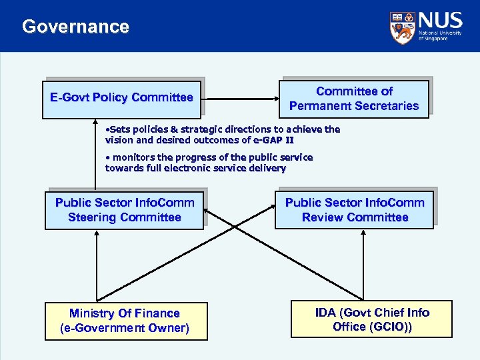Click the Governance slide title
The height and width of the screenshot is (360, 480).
click(x=75, y=27)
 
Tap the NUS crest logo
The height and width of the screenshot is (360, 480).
click(x=401, y=27)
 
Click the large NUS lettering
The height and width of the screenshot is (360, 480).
click(x=439, y=21)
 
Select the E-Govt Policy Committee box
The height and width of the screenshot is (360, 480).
click(x=121, y=99)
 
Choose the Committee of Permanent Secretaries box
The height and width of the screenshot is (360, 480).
click(x=354, y=99)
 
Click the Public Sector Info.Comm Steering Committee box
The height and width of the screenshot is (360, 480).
click(x=124, y=210)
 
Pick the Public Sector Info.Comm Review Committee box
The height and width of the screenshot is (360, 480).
click(x=354, y=210)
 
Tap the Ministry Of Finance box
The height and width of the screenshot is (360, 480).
click(x=125, y=321)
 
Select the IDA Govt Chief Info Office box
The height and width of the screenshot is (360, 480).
click(x=372, y=319)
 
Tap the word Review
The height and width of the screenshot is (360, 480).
click(x=323, y=217)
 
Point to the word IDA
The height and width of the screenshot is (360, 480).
click(x=326, y=313)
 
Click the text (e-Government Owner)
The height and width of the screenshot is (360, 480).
click(x=125, y=328)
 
